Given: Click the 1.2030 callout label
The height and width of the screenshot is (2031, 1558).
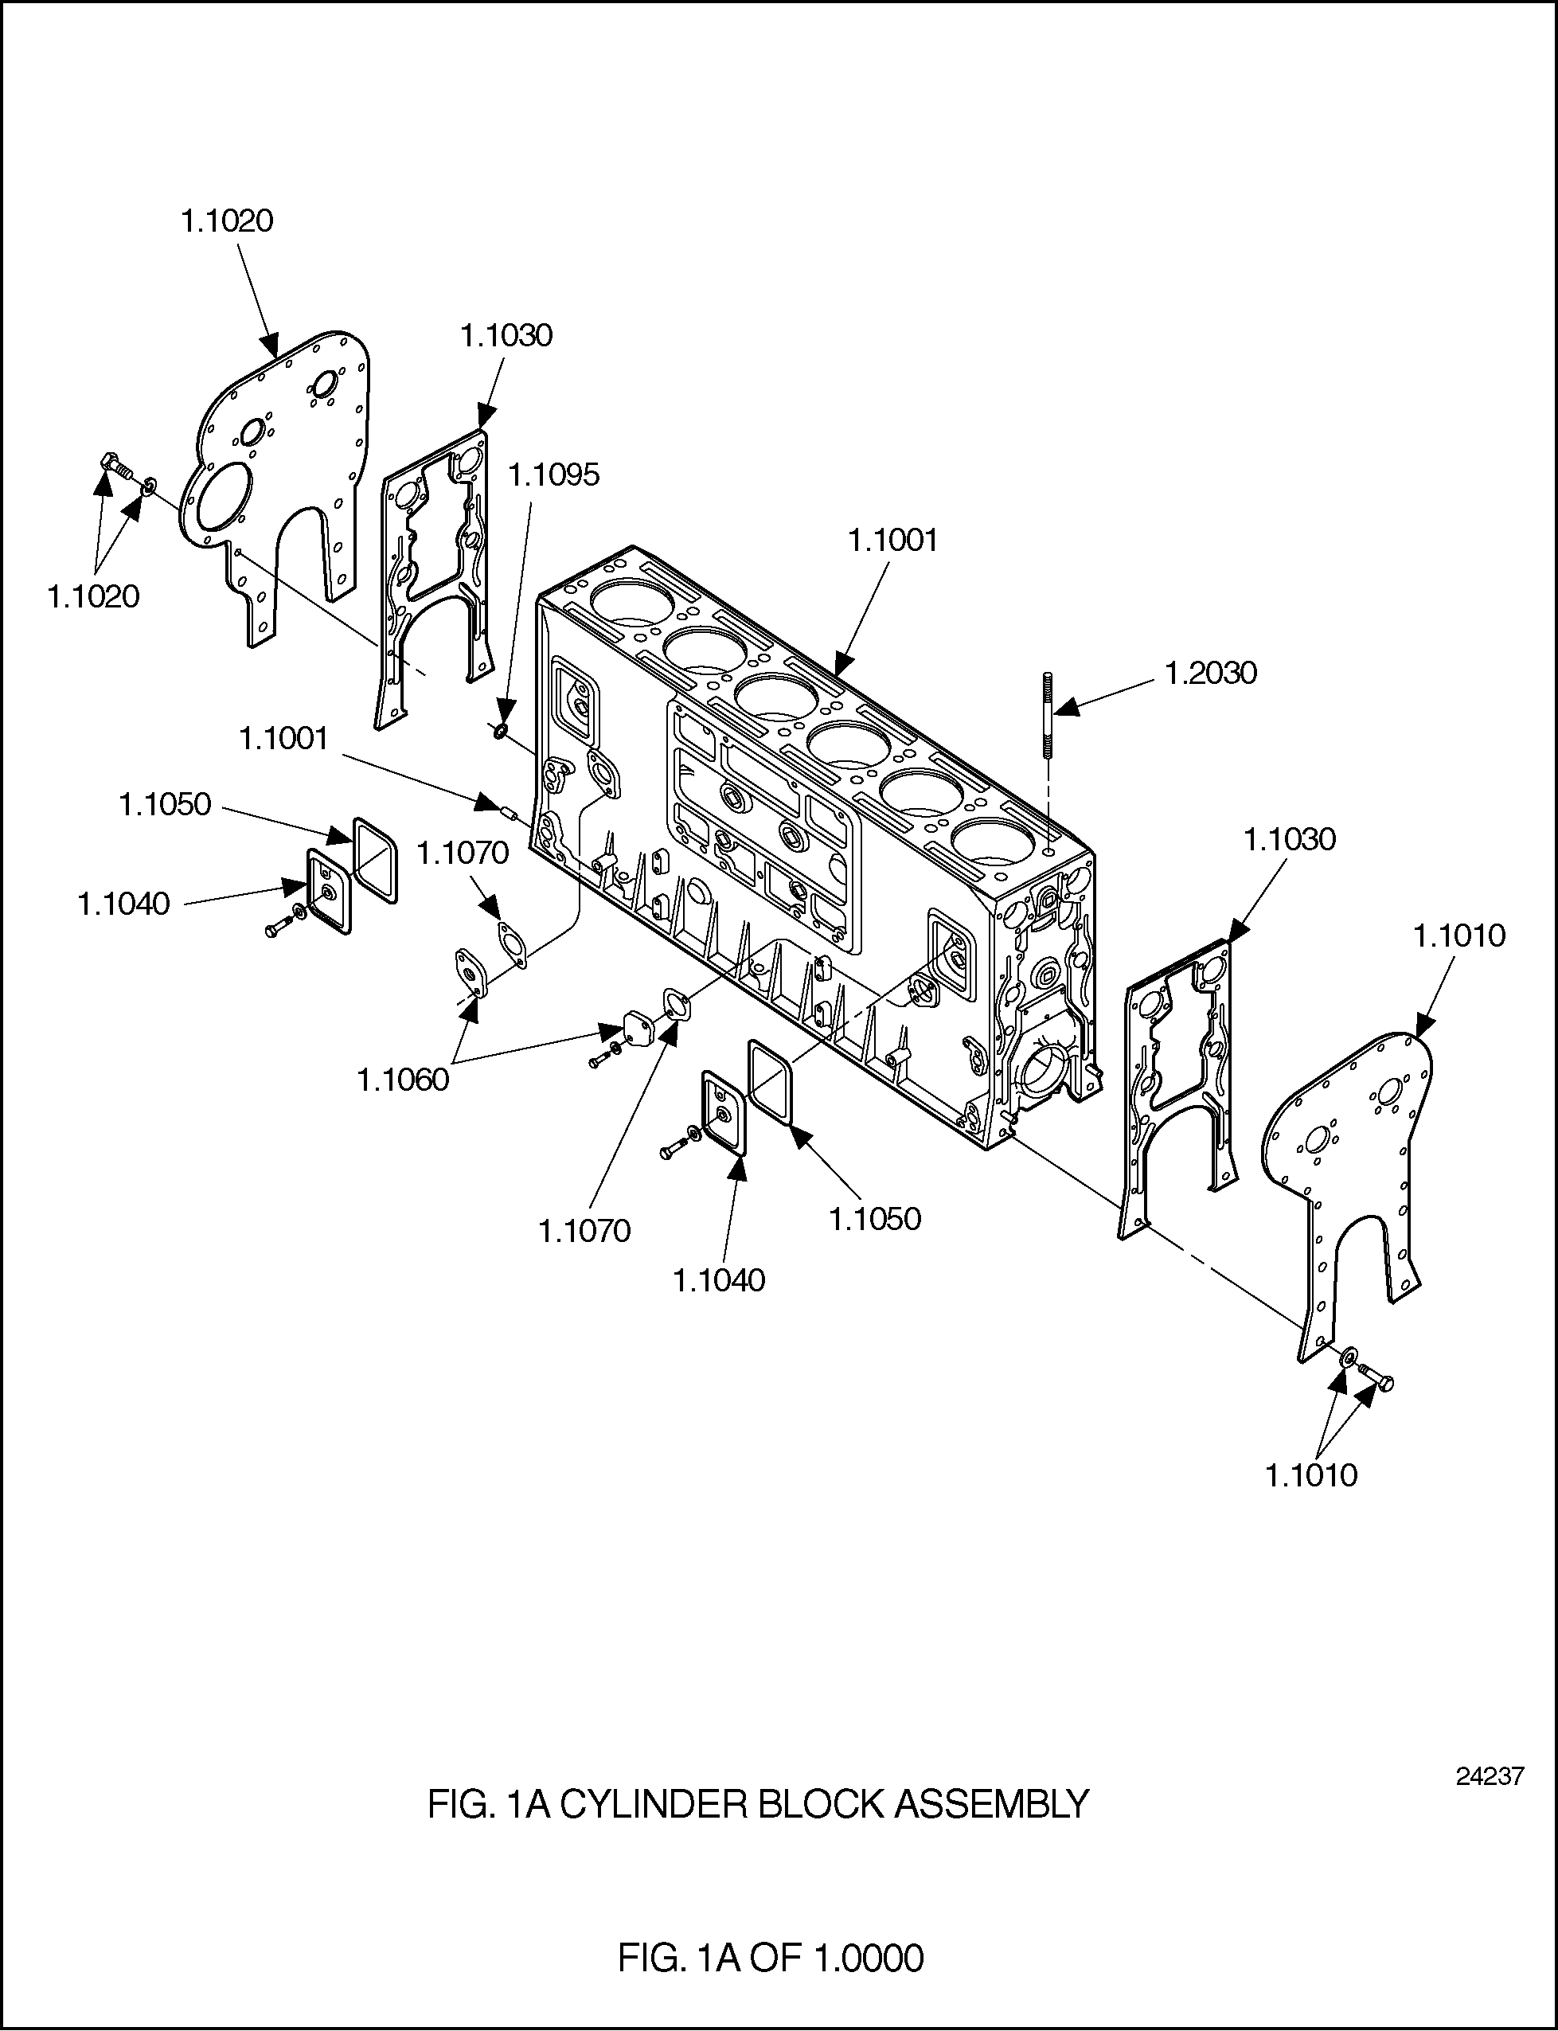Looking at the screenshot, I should pos(1210,674).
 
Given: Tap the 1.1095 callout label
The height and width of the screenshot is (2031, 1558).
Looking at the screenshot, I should pos(553,475).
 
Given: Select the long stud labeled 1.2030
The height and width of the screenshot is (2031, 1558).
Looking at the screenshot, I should pos(1048,715).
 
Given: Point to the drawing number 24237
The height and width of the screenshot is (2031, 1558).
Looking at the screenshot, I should pos(1490,1775).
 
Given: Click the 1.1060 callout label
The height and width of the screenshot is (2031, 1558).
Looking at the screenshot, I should pos(404,1080).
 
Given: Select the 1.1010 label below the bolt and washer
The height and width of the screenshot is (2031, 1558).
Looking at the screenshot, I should pos(1311,1475).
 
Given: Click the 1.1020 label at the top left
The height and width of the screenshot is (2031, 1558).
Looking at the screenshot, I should pos(227,221).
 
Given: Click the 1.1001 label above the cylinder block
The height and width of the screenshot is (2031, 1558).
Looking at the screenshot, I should pos(893,541).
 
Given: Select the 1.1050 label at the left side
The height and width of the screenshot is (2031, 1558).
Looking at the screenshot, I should pos(165,805).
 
